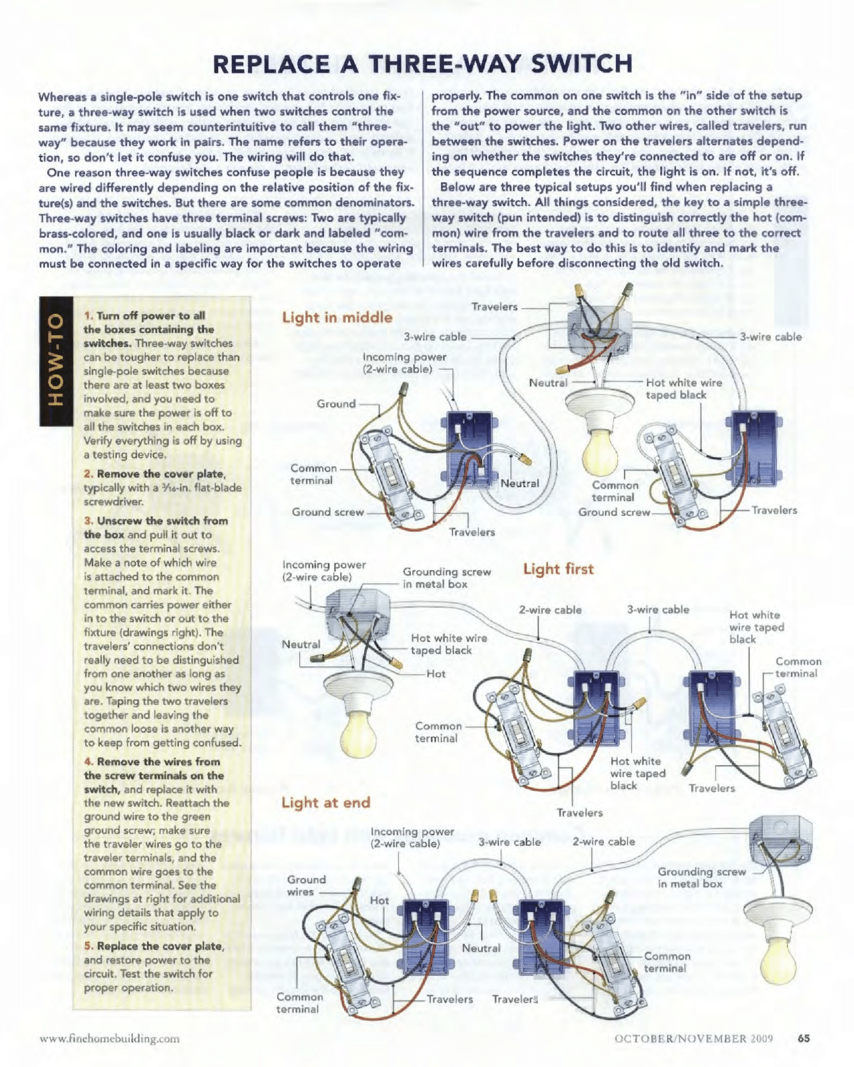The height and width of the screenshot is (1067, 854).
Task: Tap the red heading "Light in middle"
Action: coord(337,317)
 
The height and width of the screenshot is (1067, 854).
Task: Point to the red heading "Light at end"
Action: coord(326,802)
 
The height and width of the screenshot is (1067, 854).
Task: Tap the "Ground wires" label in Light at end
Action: coord(306,886)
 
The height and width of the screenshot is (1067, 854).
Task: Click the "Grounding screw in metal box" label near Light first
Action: coord(447,578)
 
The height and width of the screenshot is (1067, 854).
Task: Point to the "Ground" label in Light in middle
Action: coord(336,404)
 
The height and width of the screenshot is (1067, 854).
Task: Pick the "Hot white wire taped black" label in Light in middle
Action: coord(683,388)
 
